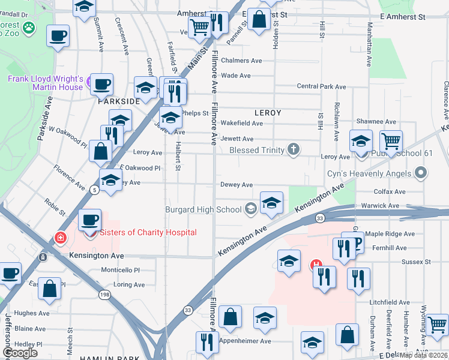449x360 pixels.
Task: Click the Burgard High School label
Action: coord(203,209)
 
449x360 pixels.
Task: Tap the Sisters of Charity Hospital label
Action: coord(148,233)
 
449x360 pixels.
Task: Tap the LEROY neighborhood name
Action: coord(268,112)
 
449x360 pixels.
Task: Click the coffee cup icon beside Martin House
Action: coord(101,83)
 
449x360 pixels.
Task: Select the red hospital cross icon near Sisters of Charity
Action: coord(60,238)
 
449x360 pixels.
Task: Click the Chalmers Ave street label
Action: coord(241,61)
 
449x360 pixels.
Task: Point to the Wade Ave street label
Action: coord(236,76)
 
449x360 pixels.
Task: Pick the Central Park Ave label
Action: coord(321,87)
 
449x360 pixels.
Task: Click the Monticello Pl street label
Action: coord(120,271)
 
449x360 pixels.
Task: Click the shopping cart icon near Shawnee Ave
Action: coord(391,142)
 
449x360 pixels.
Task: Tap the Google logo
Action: coord(20,353)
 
